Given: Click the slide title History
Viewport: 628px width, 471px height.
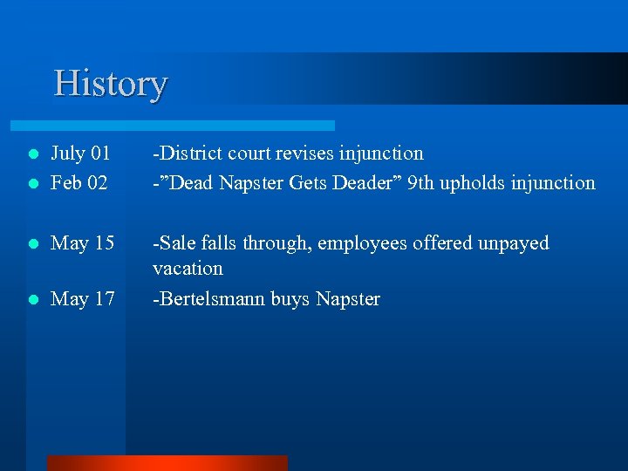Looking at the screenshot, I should pos(110,84).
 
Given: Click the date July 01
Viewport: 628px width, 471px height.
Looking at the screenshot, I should pos(80,154).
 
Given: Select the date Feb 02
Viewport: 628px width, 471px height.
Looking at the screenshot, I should pos(79,183).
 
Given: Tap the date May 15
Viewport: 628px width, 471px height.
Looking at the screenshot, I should pos(83,243).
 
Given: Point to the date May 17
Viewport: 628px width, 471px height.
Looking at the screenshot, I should pos(83,299).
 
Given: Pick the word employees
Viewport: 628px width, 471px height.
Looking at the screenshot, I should pos(359,243).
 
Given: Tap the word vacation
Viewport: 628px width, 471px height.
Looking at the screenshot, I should pos(188,269).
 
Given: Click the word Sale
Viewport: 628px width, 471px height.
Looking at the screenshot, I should pos(174,243).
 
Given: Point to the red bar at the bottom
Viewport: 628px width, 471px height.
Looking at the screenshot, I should pos(167,463).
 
